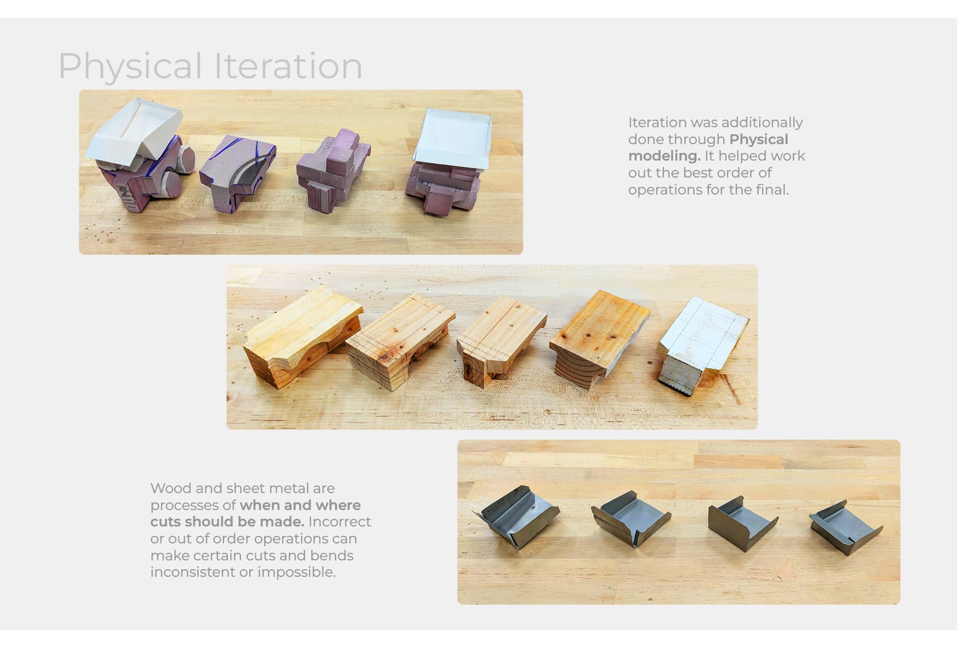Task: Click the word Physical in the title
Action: coord(131,66)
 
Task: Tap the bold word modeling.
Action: coord(664,156)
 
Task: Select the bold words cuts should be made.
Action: coord(227,522)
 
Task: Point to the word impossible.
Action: coord(297,572)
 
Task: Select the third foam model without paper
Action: coord(333,168)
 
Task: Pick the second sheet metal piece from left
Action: coord(631,518)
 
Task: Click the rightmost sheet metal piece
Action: coord(845,529)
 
